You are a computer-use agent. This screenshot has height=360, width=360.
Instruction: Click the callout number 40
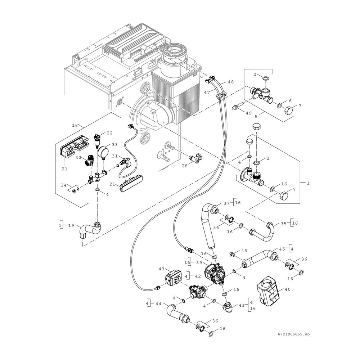287,289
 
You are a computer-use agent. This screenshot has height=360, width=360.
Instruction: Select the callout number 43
162,269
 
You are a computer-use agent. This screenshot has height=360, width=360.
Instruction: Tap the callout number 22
109,133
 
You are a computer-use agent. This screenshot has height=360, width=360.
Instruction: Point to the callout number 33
114,145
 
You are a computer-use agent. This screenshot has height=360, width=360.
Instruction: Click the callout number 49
249,113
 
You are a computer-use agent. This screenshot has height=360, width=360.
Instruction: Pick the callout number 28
185,166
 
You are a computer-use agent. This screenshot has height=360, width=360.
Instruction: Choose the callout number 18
75,125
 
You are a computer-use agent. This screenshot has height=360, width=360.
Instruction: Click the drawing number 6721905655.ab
296,334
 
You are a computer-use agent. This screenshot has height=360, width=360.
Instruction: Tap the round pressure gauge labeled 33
102,152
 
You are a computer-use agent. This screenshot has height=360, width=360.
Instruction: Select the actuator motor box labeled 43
174,279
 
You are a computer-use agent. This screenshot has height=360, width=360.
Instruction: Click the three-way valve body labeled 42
197,291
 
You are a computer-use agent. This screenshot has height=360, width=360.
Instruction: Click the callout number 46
244,251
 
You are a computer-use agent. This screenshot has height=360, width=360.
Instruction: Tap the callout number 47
207,92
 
